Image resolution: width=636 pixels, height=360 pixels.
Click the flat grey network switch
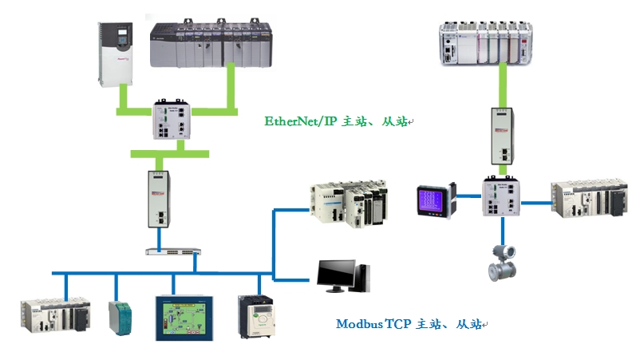[171, 251]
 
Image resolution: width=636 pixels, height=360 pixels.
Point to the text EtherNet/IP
[302, 121]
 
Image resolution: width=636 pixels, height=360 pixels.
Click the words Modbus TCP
[372, 324]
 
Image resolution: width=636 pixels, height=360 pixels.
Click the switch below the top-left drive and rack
[175, 122]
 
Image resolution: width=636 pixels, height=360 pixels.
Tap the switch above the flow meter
[500, 196]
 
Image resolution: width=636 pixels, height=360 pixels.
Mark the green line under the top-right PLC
[503, 84]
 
